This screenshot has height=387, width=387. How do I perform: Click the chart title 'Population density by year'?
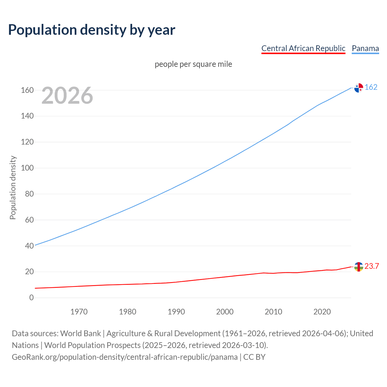pos(92,30)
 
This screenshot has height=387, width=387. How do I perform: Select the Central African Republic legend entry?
pos(303,48)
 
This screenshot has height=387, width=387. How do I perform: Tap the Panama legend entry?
pos(365,48)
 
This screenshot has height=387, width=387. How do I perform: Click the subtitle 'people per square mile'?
pos(193,64)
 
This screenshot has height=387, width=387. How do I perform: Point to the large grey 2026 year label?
pos(67,96)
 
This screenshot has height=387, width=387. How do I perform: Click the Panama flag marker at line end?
pos(359,88)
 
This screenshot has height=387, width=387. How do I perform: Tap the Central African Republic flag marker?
pos(359,267)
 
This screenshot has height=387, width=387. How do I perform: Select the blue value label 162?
pos(371,87)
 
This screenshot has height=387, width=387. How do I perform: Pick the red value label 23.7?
pos(372,266)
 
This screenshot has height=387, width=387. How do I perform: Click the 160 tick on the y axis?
pos(27,90)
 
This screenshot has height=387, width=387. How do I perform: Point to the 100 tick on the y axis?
pos(27,168)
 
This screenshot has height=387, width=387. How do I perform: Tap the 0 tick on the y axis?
pos(31,298)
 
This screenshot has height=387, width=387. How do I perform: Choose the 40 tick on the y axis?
pos(29,246)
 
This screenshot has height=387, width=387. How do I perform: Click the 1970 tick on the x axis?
pos(79,312)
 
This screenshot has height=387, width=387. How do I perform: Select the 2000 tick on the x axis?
pos(225,312)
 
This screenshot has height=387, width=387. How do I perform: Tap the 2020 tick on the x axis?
pos(322,312)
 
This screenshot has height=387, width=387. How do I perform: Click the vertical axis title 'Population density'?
pos(13,187)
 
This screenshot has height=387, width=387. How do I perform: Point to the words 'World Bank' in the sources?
pos(80,333)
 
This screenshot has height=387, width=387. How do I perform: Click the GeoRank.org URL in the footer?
pos(125,357)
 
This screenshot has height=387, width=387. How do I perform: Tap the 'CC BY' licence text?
pos(254,357)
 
